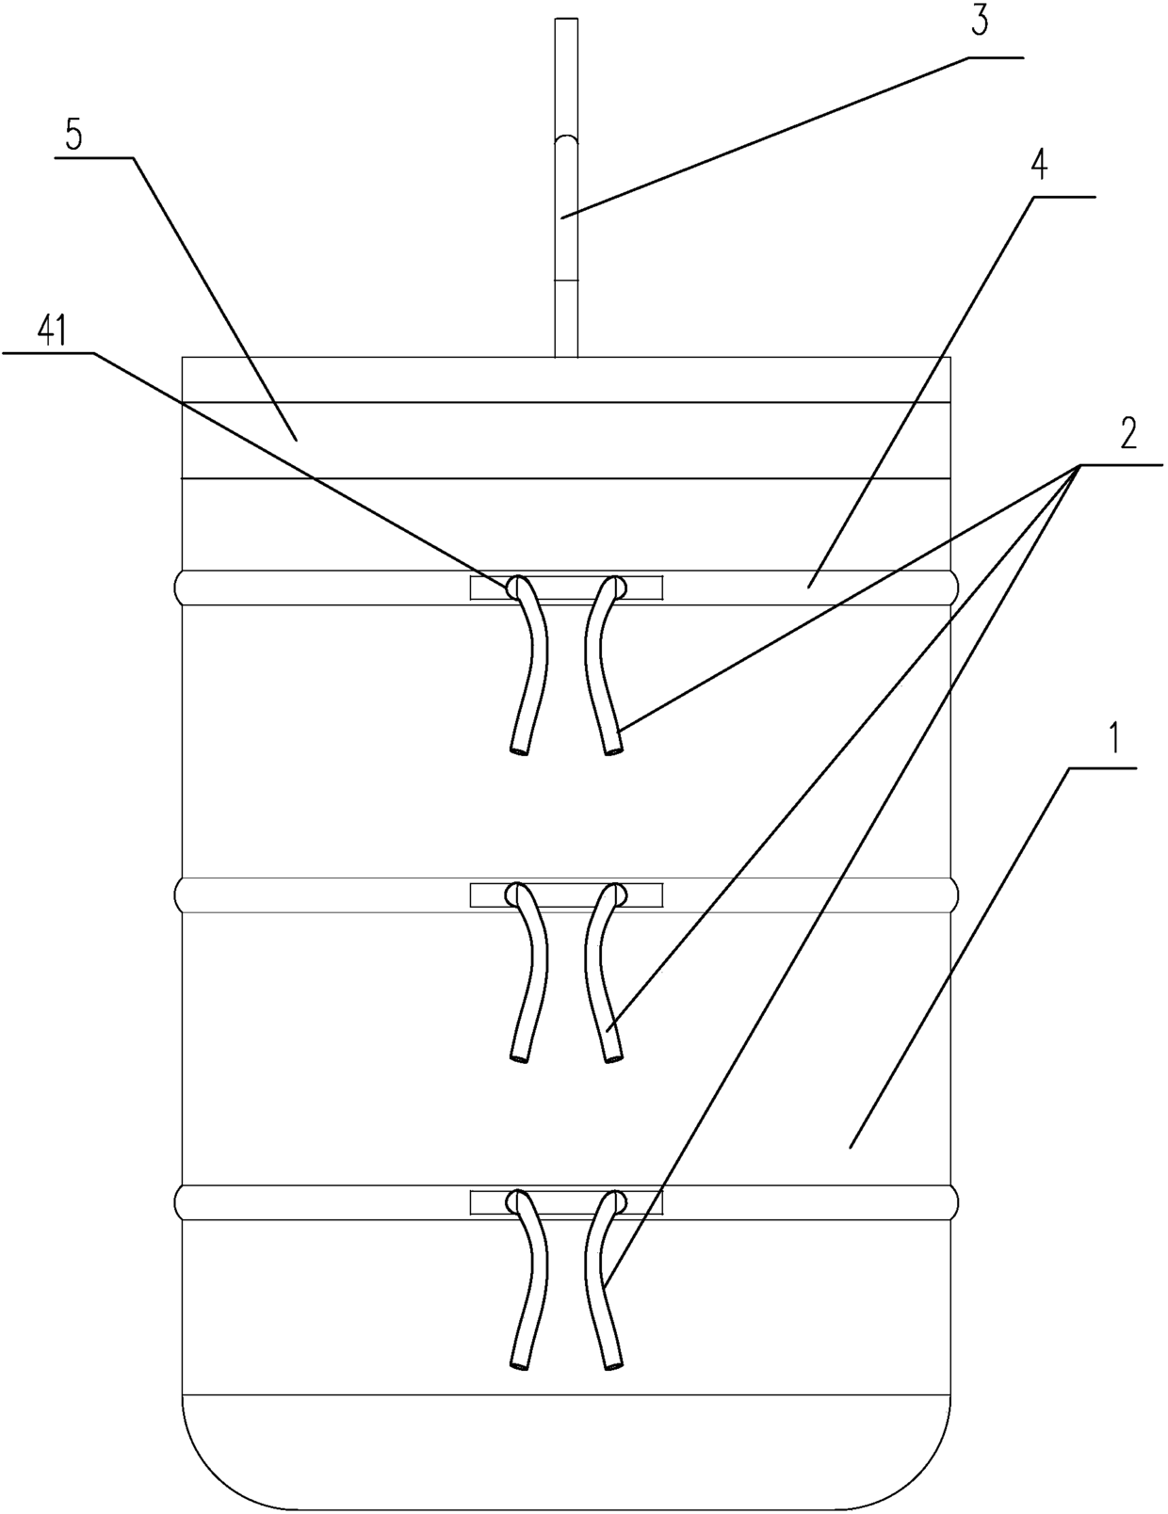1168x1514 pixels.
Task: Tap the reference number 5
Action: point(73,135)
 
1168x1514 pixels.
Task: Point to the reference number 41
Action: point(51,331)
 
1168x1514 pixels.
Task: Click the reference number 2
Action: point(1127,433)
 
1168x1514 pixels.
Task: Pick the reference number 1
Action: point(1113,740)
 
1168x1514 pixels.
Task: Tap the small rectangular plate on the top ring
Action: point(566,588)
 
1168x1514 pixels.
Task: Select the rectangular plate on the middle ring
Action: point(566,894)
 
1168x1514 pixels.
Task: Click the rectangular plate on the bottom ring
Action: point(566,1201)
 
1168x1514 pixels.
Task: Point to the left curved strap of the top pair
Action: point(531,668)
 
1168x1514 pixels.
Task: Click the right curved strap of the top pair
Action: point(600,668)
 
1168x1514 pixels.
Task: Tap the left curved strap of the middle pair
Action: point(531,975)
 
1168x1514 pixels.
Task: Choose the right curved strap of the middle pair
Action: point(600,975)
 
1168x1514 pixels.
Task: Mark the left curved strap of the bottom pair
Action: point(531,1282)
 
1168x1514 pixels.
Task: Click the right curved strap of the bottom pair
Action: point(600,1282)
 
